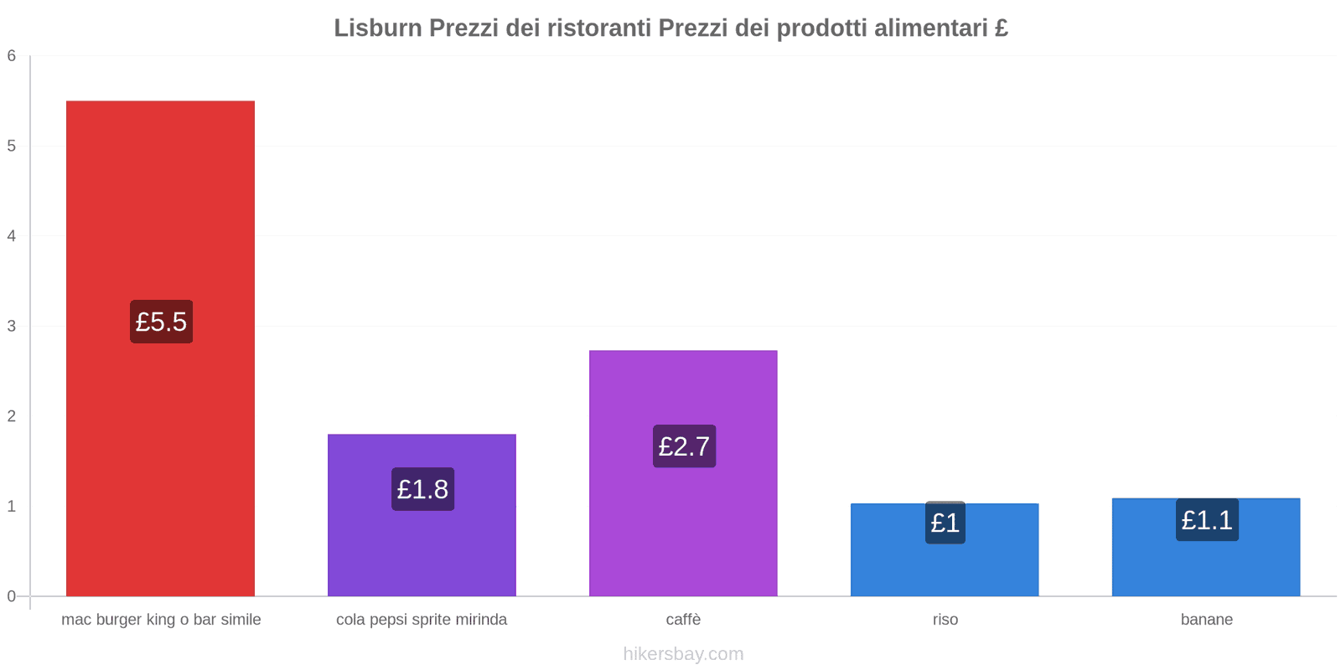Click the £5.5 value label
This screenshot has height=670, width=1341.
161,322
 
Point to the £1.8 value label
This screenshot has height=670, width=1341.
422,489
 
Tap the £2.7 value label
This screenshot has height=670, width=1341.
684,446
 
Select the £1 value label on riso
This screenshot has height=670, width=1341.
945,523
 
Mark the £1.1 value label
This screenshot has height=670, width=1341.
1206,520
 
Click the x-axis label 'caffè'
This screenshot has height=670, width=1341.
683,620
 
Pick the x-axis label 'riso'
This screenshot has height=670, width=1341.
945,620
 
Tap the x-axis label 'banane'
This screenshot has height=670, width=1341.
1206,620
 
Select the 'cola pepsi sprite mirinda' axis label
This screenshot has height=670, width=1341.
422,620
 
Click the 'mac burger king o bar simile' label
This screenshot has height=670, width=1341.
161,620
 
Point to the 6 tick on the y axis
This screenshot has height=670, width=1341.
12,56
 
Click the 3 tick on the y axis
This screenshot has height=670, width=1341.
12,326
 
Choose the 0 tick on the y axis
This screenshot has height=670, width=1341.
12,596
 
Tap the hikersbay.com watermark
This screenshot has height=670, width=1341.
683,654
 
